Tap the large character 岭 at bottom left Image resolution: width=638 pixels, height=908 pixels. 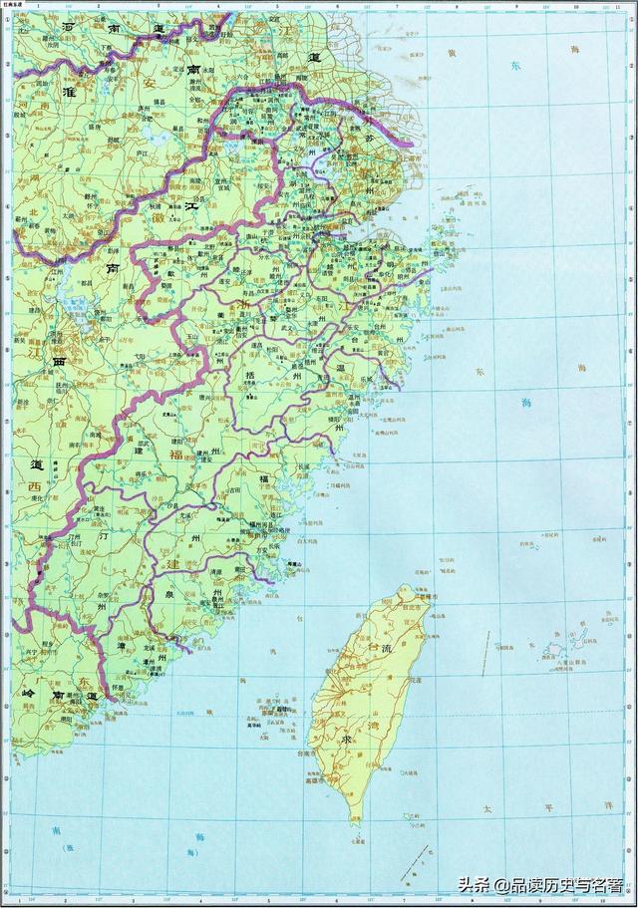30,692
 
